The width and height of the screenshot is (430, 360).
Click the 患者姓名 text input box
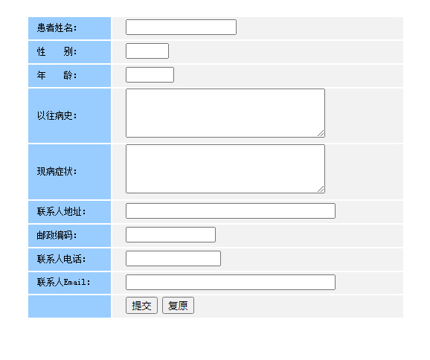click(181, 27)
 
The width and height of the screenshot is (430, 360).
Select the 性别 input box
click(147, 51)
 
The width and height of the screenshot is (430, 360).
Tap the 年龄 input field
click(150, 75)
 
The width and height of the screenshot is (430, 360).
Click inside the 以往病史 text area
click(225, 113)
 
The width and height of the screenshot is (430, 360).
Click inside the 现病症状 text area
click(225, 169)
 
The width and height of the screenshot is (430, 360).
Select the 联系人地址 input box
click(231, 210)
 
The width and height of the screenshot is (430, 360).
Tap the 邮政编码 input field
click(171, 235)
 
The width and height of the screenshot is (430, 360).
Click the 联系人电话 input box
click(173, 259)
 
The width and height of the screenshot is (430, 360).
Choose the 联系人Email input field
click(231, 282)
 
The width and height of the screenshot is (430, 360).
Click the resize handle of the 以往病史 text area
click(321, 134)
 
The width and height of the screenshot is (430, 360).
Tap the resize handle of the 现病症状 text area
click(321, 189)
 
